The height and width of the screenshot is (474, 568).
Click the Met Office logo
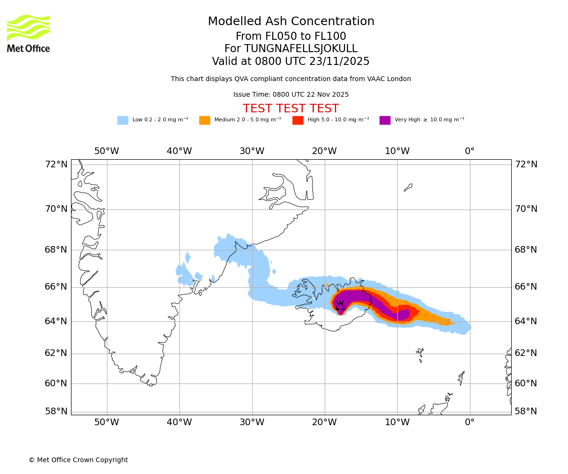[x=28, y=33]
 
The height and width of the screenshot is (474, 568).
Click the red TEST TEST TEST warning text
[x=291, y=109]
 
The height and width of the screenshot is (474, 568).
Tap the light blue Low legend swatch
[x=123, y=120]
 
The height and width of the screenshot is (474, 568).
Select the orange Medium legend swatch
[x=204, y=120]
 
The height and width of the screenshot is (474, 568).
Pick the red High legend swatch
[x=298, y=120]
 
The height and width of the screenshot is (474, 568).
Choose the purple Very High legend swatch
[x=385, y=120]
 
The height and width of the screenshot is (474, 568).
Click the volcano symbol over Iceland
[x=340, y=305]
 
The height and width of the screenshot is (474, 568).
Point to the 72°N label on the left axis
[x=56, y=164]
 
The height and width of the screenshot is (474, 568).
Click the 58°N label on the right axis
[x=526, y=411]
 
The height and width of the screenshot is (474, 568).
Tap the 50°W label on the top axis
[x=106, y=151]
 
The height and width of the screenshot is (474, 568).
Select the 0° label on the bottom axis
[x=470, y=422]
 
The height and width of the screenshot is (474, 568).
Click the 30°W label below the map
[x=252, y=422]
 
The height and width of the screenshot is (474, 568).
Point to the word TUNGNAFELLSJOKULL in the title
[x=301, y=49]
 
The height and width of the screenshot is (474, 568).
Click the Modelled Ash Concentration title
[x=291, y=22]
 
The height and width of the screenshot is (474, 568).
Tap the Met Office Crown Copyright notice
[x=78, y=460]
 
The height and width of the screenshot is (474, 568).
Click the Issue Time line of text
[x=291, y=95]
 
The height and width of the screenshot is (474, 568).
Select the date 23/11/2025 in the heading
[x=339, y=62]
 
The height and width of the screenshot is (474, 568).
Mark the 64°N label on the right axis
[x=526, y=321]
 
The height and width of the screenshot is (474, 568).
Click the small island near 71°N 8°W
[x=408, y=187]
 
